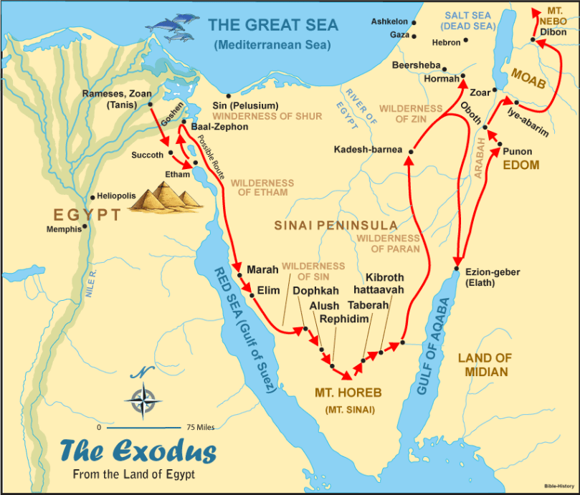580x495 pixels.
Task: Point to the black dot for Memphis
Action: coord(85,227)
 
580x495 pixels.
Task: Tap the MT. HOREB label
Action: coord(348,393)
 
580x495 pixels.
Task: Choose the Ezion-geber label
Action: coord(493,272)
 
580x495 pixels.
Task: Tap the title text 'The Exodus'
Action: coord(137,452)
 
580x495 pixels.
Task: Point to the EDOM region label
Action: coord(520,165)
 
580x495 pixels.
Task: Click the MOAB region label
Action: coord(528,79)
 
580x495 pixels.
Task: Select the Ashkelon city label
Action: coord(389,21)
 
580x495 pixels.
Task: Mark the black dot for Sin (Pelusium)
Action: coord(228,95)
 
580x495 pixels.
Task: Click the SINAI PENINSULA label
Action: coord(336,225)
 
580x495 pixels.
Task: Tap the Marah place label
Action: coord(262,269)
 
